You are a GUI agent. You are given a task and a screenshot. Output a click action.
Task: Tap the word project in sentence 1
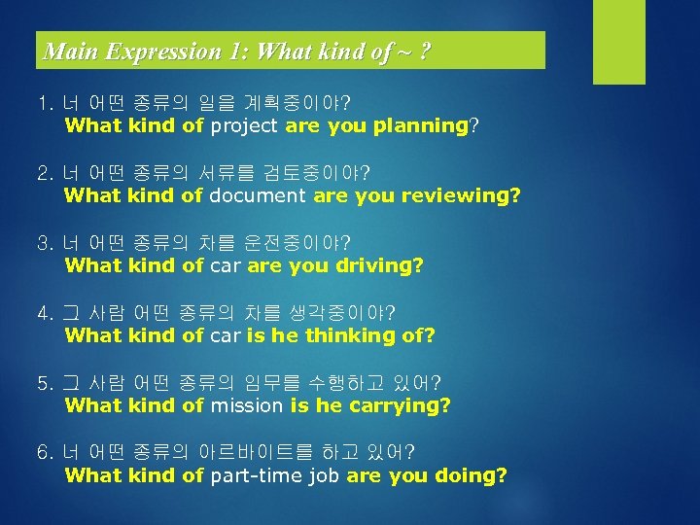(244, 125)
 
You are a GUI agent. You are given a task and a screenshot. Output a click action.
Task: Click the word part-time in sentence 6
(251, 475)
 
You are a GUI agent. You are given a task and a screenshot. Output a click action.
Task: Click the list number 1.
(42, 102)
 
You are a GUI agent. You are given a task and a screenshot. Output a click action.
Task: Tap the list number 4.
(43, 312)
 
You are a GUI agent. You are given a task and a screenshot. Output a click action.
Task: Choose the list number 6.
(43, 452)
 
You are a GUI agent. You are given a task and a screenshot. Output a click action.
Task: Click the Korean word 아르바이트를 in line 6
(269, 452)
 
